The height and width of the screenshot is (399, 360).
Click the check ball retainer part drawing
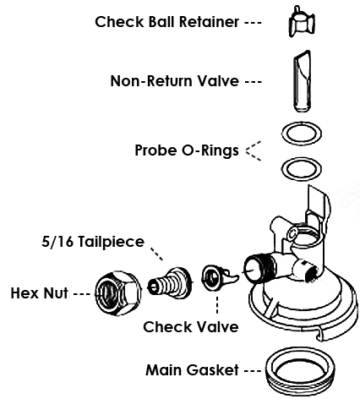pos(302,22)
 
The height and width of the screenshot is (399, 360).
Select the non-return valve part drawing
pos(303,81)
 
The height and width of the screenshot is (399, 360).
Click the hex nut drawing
pos(118,293)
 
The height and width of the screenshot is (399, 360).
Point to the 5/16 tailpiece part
pos(170,284)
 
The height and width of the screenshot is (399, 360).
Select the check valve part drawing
pos(218,277)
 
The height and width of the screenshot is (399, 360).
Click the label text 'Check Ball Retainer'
pos(167,22)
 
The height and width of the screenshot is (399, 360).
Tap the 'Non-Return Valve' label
pos(175,81)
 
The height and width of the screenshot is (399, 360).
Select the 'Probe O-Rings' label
pos(187,150)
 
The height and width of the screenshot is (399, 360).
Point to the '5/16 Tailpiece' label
pos(93,242)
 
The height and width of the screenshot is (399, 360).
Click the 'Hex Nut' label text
pos(39,293)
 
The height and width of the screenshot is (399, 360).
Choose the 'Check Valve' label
pos(191,327)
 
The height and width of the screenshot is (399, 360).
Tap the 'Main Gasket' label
pos(193,369)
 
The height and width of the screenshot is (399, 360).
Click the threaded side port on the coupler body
pos(258,268)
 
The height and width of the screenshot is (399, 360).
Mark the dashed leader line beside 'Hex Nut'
pos(81,294)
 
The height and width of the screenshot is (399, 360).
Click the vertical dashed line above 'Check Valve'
pos(217,305)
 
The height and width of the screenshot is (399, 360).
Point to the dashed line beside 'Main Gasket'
pos(253,371)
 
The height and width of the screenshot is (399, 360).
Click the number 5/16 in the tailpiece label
pos(57,242)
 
